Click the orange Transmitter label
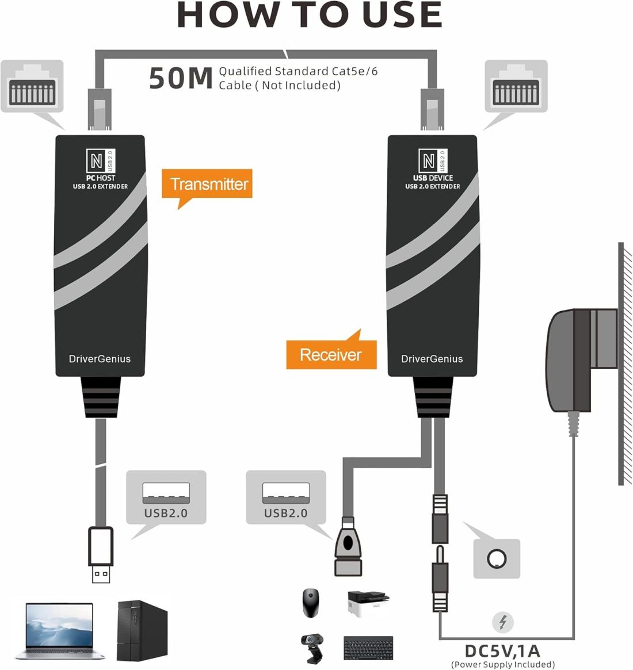(208, 184)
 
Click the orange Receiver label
(331, 354)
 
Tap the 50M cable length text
(181, 78)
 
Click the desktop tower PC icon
(142, 630)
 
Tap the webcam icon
(312, 646)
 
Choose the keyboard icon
(368, 648)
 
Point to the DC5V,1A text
(502, 651)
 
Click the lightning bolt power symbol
(503, 622)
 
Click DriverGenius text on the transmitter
(100, 359)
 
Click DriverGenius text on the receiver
(432, 359)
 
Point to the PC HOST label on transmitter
(101, 178)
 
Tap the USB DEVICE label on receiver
(433, 178)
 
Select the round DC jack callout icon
(497, 558)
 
